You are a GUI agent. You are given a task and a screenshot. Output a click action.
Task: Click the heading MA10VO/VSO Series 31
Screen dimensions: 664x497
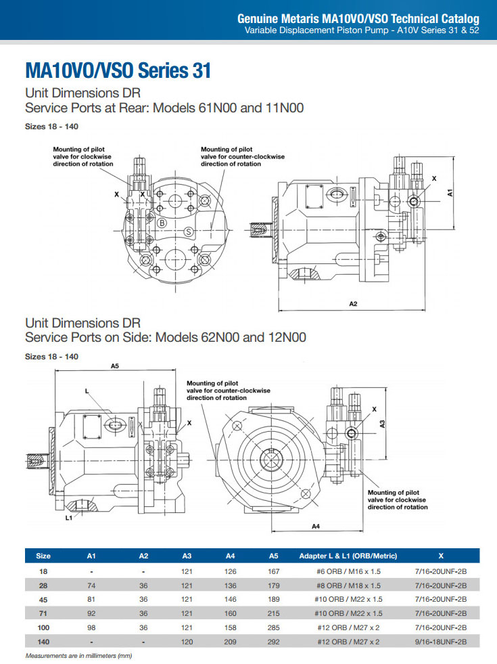click(x=118, y=70)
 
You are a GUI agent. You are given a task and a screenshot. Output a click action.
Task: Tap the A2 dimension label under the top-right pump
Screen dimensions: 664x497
click(x=353, y=304)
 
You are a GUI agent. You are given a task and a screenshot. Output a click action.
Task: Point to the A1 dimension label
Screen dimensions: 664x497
click(x=450, y=192)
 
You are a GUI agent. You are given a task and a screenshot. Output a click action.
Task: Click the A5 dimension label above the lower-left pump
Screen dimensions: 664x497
click(x=115, y=366)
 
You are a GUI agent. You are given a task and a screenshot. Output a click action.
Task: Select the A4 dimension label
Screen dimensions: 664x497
click(x=315, y=526)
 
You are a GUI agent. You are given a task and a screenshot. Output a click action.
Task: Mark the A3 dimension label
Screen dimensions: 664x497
click(x=383, y=424)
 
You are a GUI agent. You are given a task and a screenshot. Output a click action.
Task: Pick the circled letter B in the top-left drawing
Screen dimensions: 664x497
click(x=162, y=223)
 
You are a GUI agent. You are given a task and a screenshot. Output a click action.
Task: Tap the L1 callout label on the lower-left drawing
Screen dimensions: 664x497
click(x=69, y=518)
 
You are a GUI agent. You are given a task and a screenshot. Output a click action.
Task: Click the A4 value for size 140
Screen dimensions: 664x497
click(x=230, y=642)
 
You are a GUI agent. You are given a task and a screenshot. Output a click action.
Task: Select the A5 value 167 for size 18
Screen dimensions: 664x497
click(x=273, y=571)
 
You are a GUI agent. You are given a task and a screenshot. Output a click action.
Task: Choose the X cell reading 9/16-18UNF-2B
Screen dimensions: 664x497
click(x=440, y=642)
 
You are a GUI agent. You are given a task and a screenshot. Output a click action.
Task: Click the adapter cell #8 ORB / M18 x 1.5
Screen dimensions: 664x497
click(x=348, y=585)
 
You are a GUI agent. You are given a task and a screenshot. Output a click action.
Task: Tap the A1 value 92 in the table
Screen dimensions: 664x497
click(x=92, y=613)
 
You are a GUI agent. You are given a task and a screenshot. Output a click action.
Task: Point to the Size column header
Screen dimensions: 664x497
click(x=43, y=556)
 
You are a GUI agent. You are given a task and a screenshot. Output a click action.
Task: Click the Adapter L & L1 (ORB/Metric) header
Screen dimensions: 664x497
click(x=348, y=556)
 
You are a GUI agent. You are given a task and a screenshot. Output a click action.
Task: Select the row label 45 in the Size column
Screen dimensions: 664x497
click(x=43, y=600)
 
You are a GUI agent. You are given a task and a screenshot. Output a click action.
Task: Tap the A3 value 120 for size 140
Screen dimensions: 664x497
click(x=187, y=642)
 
